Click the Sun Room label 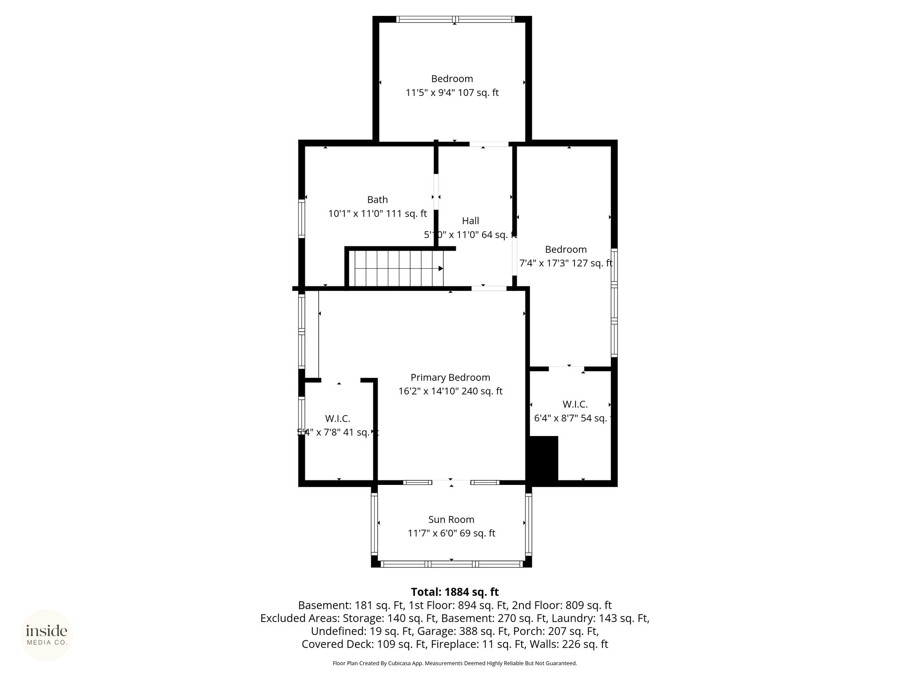pos(451,519)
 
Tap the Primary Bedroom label pos(450,377)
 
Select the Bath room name pos(377,200)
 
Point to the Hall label pos(471,221)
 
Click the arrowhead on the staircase pos(440,269)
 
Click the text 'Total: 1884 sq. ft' pos(455,592)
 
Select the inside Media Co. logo pos(47,635)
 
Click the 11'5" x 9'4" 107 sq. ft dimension pos(452,93)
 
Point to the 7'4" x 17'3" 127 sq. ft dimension pos(566,263)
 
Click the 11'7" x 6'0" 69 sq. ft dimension pos(451,533)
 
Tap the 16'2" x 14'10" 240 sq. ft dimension pos(450,391)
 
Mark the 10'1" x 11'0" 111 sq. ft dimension pos(377,214)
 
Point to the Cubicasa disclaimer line pos(455,663)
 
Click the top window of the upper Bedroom pos(455,19)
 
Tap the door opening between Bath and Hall pos(436,191)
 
